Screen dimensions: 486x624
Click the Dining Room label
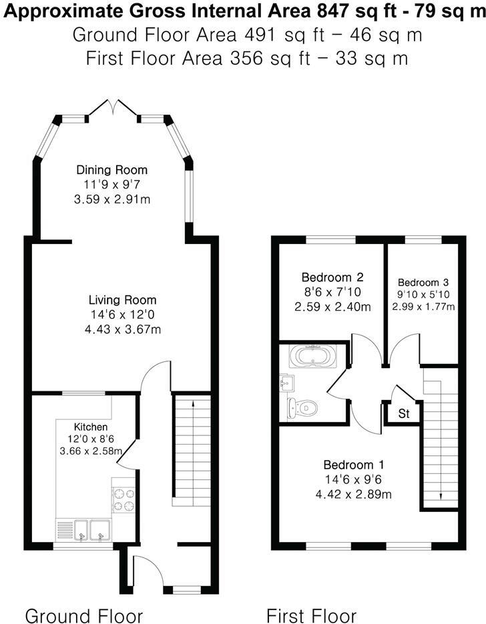[112, 170]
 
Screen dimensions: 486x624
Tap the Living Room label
[122, 299]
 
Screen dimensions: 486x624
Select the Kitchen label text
[91, 427]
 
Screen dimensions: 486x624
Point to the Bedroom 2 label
[332, 277]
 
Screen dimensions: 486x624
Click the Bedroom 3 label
[423, 283]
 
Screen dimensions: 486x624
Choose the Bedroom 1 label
[354, 465]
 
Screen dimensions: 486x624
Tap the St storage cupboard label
[403, 414]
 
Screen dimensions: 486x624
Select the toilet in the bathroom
[302, 408]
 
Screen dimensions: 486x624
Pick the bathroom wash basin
[287, 383]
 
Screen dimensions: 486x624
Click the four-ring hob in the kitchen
[124, 500]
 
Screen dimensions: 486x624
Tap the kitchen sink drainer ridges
[65, 531]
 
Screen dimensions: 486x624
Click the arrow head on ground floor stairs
[193, 403]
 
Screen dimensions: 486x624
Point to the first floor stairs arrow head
[441, 496]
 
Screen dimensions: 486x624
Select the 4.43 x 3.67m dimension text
[123, 329]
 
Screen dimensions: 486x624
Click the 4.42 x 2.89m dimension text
[354, 495]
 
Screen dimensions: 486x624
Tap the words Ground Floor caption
[84, 615]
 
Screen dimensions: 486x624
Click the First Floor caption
[312, 615]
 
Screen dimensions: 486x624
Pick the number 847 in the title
[330, 11]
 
